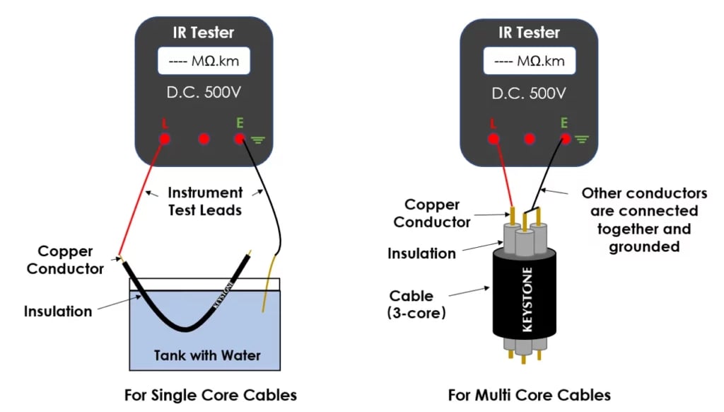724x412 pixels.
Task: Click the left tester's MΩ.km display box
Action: [x=204, y=61]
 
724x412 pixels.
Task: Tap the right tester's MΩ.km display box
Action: [x=529, y=61]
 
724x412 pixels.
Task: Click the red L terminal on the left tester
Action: [x=164, y=139]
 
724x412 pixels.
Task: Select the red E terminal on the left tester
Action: [x=239, y=139]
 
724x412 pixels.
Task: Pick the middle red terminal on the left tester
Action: [x=204, y=139]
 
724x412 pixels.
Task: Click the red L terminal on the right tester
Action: [x=494, y=139]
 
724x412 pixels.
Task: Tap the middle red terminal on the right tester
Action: [x=530, y=139]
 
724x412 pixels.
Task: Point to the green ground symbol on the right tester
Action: [x=582, y=139]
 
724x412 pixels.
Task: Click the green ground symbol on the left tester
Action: [x=257, y=139]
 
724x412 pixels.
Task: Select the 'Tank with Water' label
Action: [x=207, y=355]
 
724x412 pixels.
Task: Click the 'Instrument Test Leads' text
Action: [x=205, y=201]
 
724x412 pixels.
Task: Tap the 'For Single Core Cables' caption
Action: [x=211, y=395]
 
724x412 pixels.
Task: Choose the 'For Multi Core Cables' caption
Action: [x=529, y=395]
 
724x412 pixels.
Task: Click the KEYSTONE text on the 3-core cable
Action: [x=527, y=299]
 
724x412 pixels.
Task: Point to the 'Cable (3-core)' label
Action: [x=416, y=304]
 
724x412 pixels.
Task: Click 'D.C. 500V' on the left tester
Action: [x=204, y=93]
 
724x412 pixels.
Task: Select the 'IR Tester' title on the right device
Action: [x=529, y=33]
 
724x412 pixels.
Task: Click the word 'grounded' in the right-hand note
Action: [x=644, y=246]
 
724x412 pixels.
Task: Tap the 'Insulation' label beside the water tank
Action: [x=58, y=311]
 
